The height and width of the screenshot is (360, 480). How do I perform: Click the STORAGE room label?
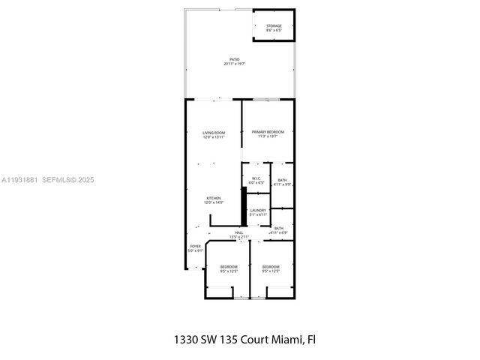[274, 26]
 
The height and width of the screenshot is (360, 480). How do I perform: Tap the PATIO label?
[235, 59]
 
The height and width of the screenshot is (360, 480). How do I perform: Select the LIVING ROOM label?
[214, 133]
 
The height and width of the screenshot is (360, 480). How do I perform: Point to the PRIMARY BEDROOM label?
[268, 132]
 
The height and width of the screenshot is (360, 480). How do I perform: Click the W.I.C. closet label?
[256, 178]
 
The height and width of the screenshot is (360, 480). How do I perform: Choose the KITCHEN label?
[214, 198]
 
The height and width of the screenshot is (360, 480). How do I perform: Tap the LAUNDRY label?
[258, 211]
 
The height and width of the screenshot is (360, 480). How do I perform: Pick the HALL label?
[239, 232]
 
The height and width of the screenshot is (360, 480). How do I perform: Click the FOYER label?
[195, 246]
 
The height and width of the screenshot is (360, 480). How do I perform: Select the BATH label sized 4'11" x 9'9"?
[282, 180]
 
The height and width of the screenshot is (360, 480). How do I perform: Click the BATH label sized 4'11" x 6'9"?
[279, 228]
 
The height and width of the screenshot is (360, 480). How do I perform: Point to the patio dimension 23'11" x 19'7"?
[235, 64]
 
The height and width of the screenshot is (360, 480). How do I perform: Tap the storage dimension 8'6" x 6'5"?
[274, 31]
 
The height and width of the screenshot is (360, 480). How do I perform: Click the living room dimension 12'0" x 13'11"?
[214, 137]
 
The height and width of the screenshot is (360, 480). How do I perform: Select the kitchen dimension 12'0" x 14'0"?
[214, 202]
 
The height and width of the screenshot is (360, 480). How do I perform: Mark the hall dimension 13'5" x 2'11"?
[239, 237]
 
